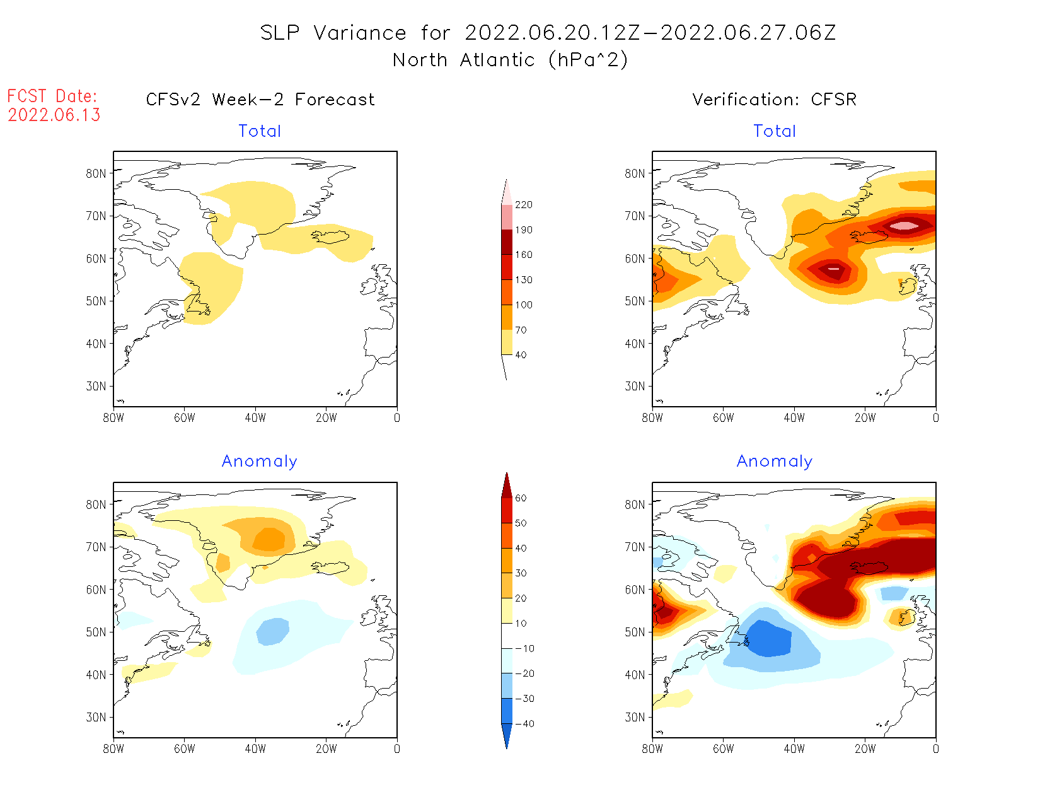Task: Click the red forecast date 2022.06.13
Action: click(x=54, y=115)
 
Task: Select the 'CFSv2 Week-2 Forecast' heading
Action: click(x=260, y=100)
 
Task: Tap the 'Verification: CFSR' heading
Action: click(x=774, y=100)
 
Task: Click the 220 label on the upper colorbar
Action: click(x=523, y=205)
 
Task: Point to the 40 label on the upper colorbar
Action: click(x=521, y=355)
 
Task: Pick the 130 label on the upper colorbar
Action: click(x=523, y=280)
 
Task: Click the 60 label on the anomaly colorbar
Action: click(x=521, y=498)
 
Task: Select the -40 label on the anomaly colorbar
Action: click(x=524, y=724)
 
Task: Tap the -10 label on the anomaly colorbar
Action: click(x=524, y=648)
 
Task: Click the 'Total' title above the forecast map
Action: click(x=260, y=131)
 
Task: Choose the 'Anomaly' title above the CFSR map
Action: click(x=774, y=462)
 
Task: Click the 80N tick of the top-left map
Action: click(x=96, y=173)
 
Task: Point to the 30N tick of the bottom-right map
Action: click(x=635, y=717)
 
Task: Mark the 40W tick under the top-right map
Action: click(x=794, y=417)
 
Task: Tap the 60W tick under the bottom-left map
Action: click(x=184, y=749)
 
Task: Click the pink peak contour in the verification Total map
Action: click(x=904, y=225)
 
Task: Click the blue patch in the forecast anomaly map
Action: click(x=273, y=631)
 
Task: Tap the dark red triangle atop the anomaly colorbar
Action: click(x=507, y=486)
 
